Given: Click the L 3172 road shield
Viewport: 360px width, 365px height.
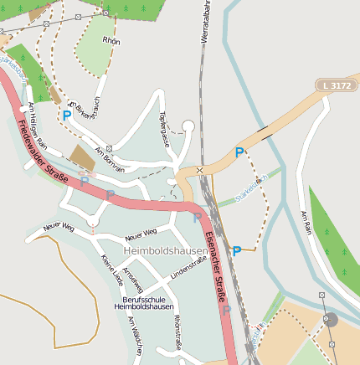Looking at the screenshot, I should [x=336, y=85].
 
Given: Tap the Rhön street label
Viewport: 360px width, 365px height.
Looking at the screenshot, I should [x=111, y=40].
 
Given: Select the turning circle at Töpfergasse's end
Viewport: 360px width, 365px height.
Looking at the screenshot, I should [x=188, y=126].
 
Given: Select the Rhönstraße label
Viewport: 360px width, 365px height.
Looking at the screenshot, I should [x=177, y=330].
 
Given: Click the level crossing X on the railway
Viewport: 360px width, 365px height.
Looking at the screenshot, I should [x=199, y=170].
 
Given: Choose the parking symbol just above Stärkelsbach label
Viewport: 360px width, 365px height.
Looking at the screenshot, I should [x=239, y=153].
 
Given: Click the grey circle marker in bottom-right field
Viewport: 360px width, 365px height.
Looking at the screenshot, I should [x=330, y=319].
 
